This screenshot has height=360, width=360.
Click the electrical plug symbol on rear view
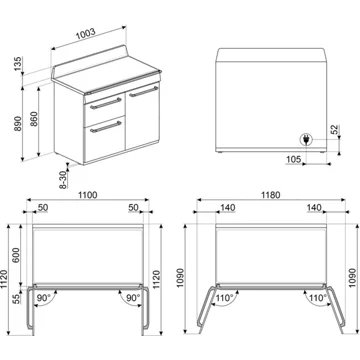(304, 139)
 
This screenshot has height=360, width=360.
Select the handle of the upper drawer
(103, 101)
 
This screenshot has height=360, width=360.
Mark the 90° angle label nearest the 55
(45, 298)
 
